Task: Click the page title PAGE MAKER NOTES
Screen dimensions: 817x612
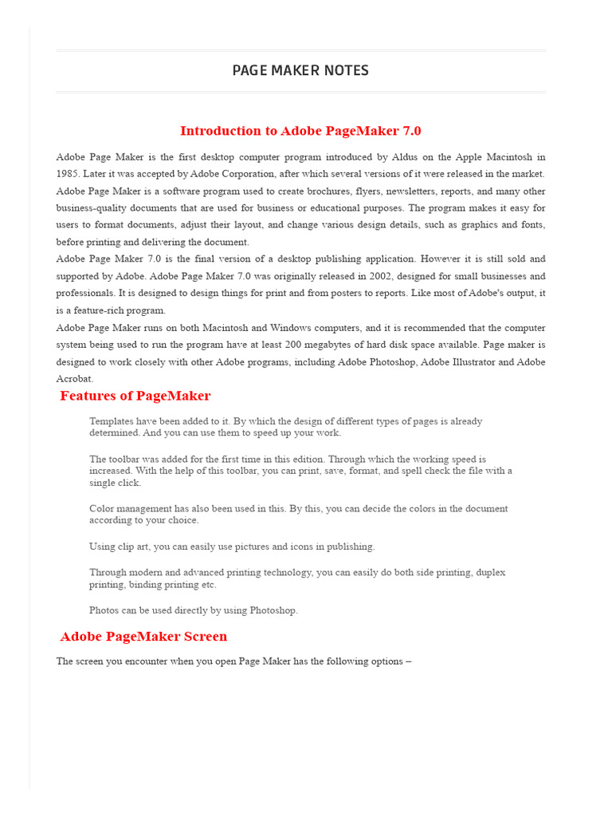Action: click(x=300, y=71)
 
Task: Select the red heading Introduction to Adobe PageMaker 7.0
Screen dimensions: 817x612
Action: click(x=300, y=131)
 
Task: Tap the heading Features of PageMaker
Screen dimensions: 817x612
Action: click(x=135, y=396)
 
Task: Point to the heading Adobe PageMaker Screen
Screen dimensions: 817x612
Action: click(x=144, y=637)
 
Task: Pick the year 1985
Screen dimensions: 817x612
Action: click(x=67, y=174)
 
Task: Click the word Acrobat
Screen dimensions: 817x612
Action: click(x=74, y=379)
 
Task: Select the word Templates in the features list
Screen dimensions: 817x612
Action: click(x=113, y=421)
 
